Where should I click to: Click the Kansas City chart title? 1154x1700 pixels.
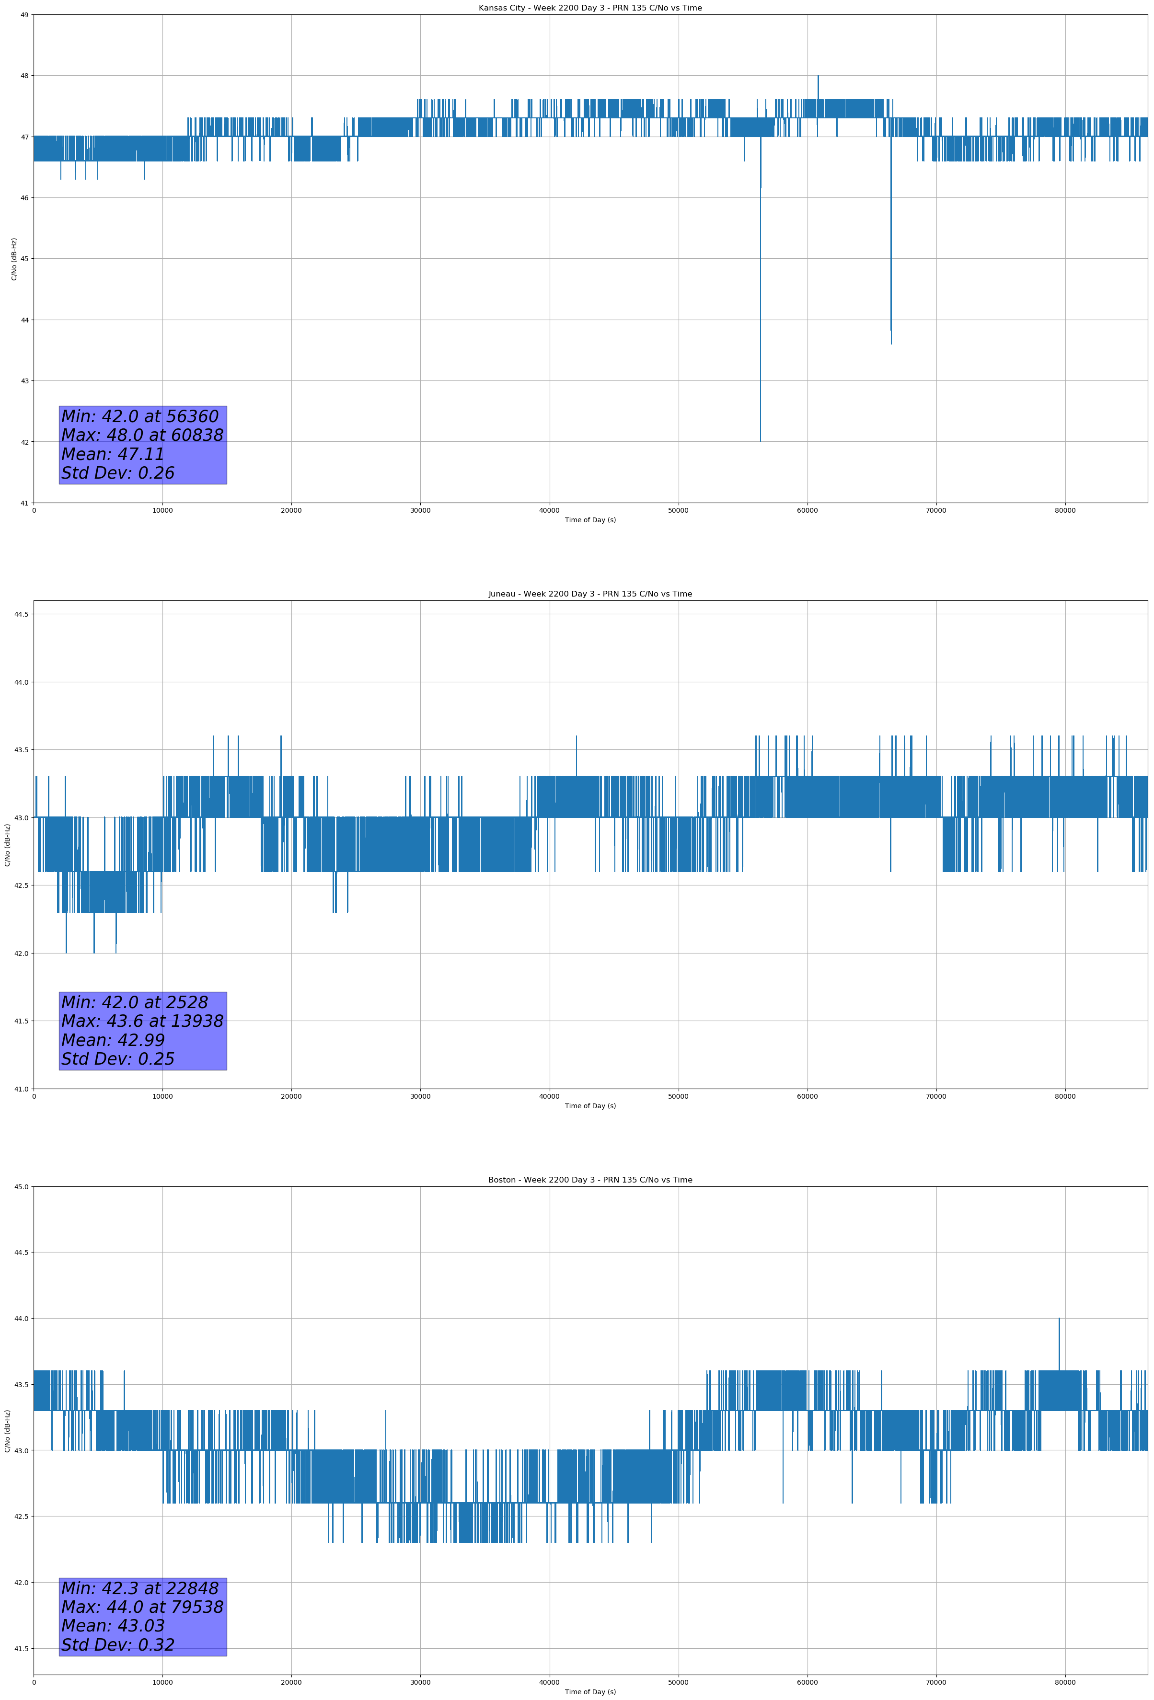coord(590,8)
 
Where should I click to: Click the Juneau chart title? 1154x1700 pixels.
coord(590,594)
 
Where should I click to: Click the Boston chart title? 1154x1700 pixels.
coord(590,1180)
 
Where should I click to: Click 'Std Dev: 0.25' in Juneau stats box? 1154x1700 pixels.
coord(118,1059)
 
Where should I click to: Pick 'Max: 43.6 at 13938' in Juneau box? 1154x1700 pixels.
coord(142,1021)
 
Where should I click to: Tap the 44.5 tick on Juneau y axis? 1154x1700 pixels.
coord(21,614)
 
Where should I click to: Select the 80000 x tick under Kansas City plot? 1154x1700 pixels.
coord(1065,511)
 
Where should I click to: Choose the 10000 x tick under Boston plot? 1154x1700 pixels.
coord(162,1683)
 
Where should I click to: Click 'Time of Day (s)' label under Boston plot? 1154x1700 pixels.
coord(590,1692)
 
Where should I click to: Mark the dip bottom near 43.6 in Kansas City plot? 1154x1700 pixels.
coord(891,343)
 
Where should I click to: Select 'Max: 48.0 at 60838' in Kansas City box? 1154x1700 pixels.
coord(142,435)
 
